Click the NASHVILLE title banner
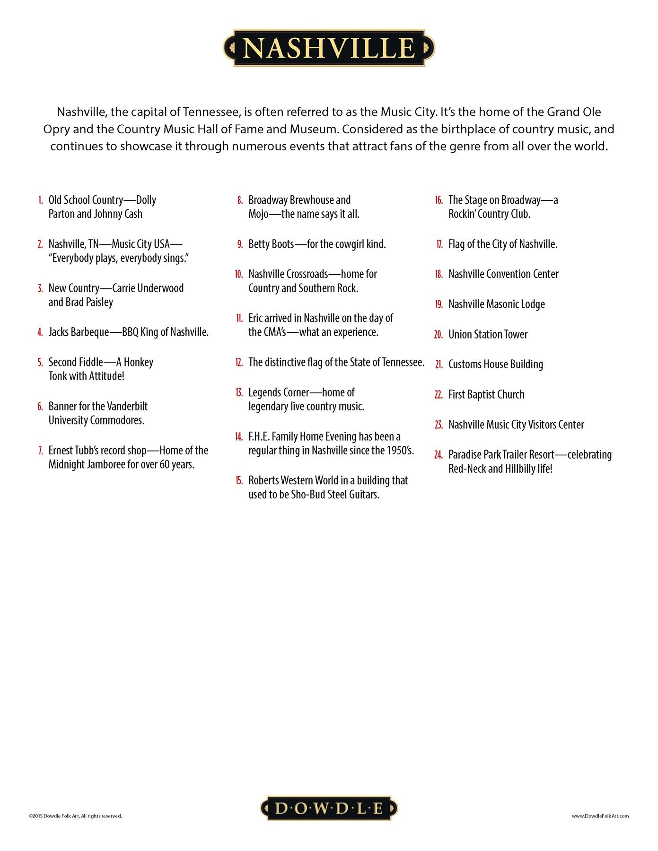(x=329, y=48)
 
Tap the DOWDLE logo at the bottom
(x=329, y=808)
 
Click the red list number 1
(x=41, y=200)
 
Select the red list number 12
(x=239, y=363)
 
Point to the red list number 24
(x=439, y=455)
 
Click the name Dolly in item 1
(x=146, y=200)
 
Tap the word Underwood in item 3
(x=160, y=288)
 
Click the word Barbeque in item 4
(x=90, y=332)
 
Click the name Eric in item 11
(x=255, y=318)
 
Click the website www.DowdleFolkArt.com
(x=600, y=816)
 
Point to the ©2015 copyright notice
(x=75, y=816)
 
